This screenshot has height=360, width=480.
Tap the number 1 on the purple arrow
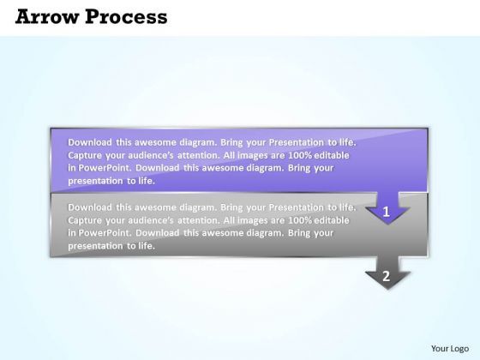(x=387, y=211)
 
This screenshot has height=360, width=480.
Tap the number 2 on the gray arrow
(x=387, y=275)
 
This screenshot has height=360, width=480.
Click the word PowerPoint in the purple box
(x=103, y=168)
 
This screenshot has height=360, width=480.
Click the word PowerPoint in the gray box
(x=103, y=233)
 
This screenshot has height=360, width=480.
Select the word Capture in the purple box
(x=86, y=155)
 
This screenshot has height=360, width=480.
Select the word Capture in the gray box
(x=86, y=220)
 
